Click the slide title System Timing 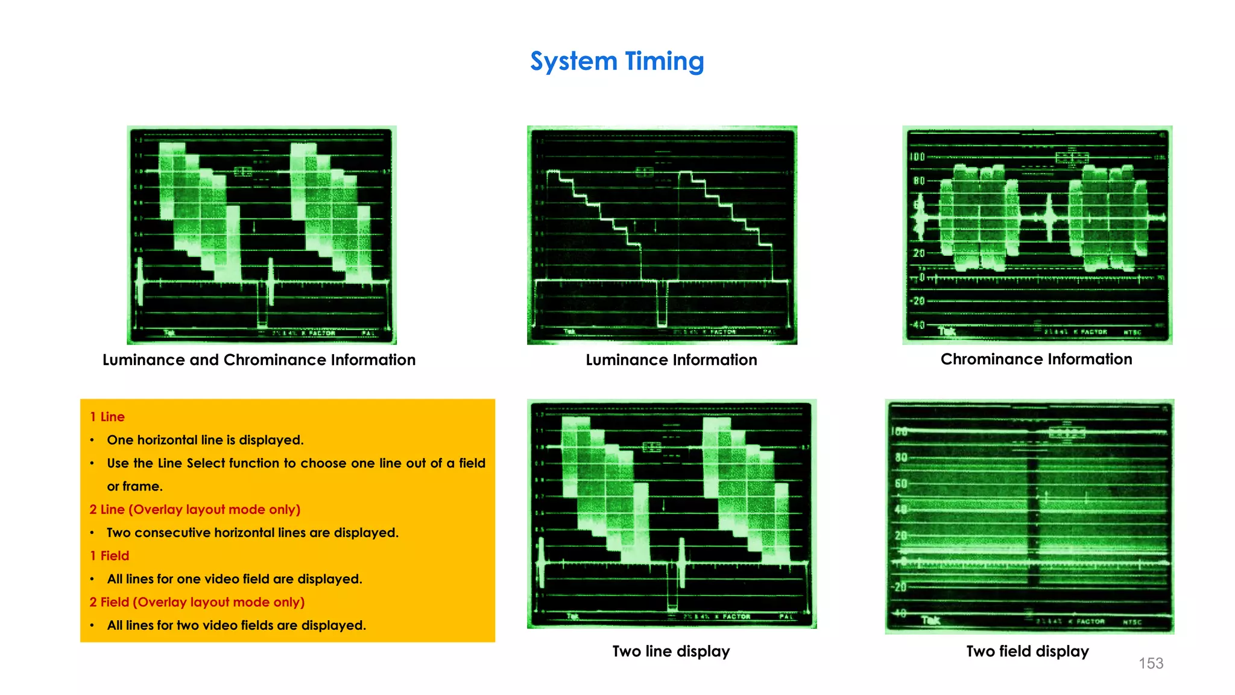pyautogui.click(x=617, y=62)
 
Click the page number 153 pyautogui.click(x=1151, y=663)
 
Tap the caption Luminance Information pyautogui.click(x=671, y=360)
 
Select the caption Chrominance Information pyautogui.click(x=1036, y=360)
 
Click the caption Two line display pyautogui.click(x=671, y=652)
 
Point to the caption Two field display pyautogui.click(x=1027, y=652)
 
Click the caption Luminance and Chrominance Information pyautogui.click(x=259, y=360)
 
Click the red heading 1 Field pyautogui.click(x=109, y=556)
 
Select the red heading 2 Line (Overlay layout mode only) pyautogui.click(x=195, y=510)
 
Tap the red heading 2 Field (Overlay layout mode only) pyautogui.click(x=197, y=602)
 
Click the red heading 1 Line pyautogui.click(x=107, y=417)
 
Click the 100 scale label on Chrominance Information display pyautogui.click(x=917, y=157)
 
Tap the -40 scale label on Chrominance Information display pyautogui.click(x=917, y=325)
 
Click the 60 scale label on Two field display pyautogui.click(x=901, y=484)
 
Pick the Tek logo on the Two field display pyautogui.click(x=930, y=620)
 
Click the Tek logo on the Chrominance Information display pyautogui.click(x=947, y=331)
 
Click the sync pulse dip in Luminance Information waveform pyautogui.click(x=662, y=305)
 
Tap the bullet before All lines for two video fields pyautogui.click(x=92, y=626)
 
